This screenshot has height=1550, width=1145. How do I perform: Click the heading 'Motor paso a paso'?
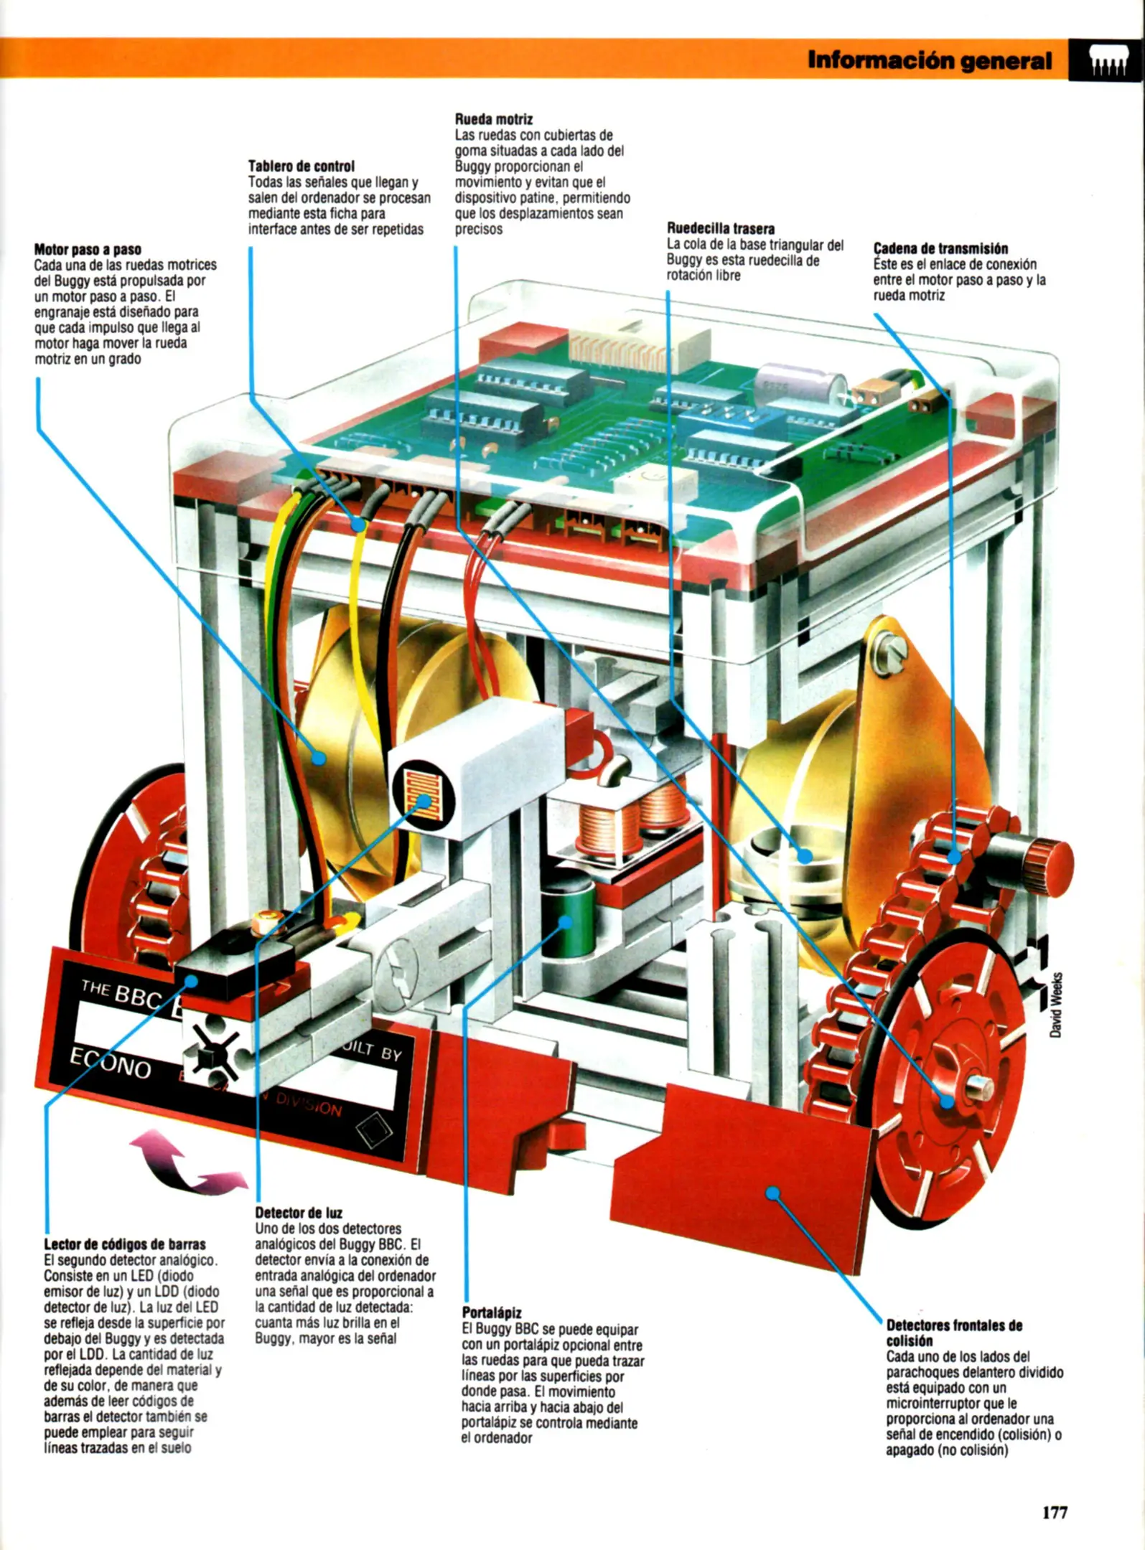pyautogui.click(x=88, y=250)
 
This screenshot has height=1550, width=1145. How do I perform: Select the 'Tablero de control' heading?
pyautogui.click(x=302, y=166)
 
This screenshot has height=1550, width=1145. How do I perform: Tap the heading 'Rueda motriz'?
pyautogui.click(x=494, y=119)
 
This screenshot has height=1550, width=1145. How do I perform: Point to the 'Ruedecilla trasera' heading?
pyautogui.click(x=721, y=229)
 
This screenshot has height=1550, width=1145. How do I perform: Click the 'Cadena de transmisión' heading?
pyautogui.click(x=940, y=248)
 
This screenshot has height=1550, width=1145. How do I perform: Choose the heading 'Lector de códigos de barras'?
pyautogui.click(x=125, y=1244)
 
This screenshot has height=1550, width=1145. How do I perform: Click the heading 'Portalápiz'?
pyautogui.click(x=492, y=1312)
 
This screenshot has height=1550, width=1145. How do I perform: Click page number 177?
pyautogui.click(x=1055, y=1513)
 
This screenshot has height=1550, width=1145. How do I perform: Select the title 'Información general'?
pyautogui.click(x=930, y=60)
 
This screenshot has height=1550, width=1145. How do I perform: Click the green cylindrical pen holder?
pyautogui.click(x=567, y=920)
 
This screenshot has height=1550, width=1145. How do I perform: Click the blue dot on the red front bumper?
pyautogui.click(x=772, y=1193)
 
